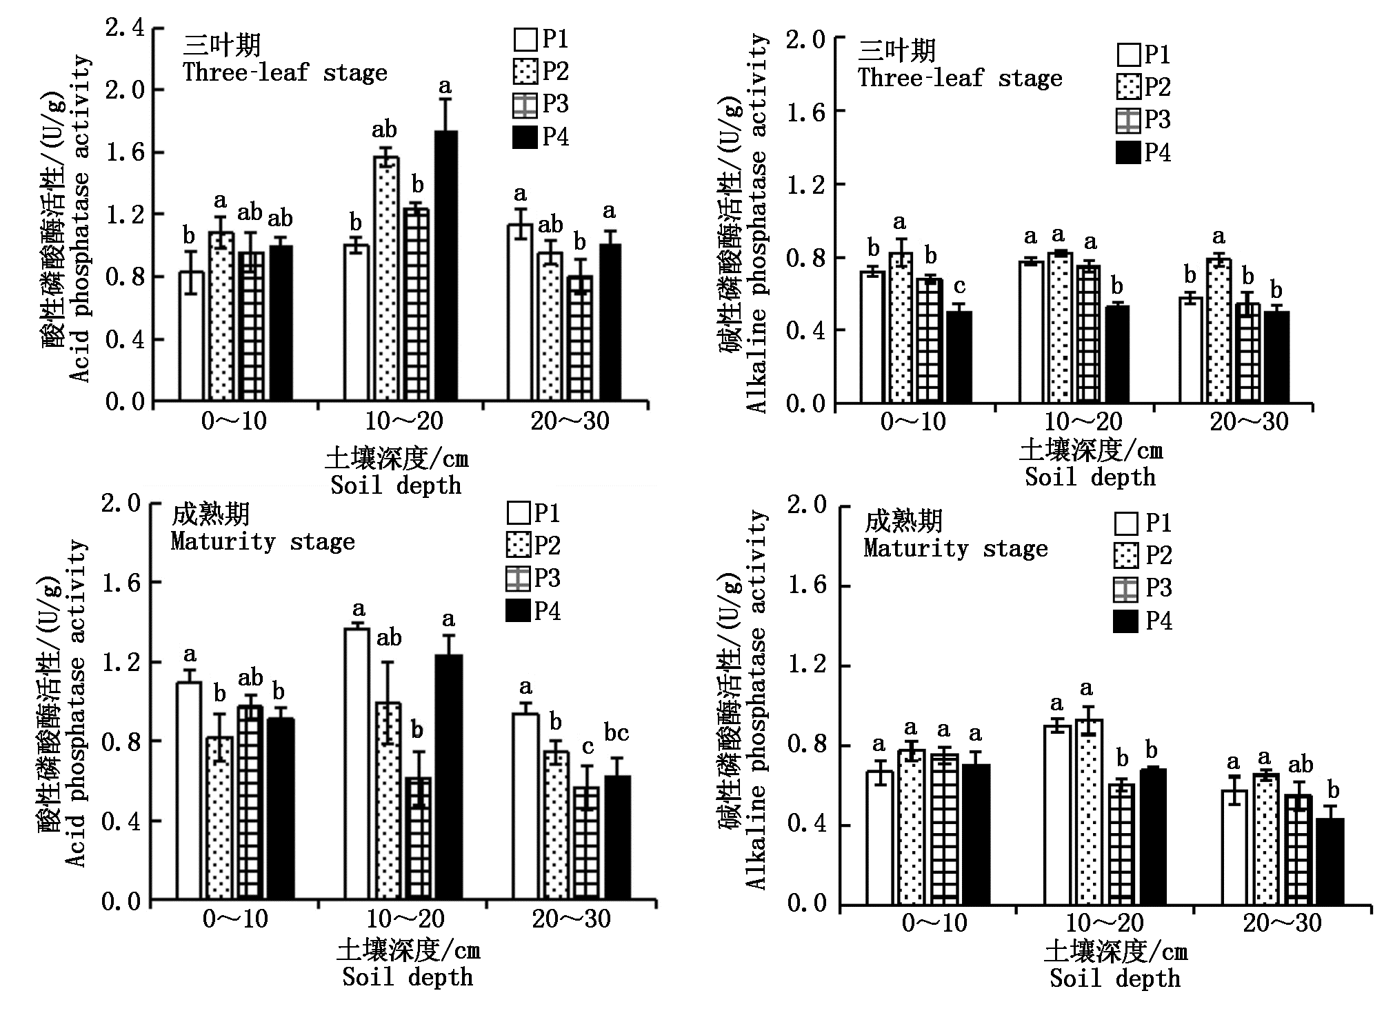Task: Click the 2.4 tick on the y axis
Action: coord(125,28)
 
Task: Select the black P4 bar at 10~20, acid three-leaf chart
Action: coord(446,266)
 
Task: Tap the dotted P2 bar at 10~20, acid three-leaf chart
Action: coord(386,279)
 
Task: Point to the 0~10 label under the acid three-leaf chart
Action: coord(234,421)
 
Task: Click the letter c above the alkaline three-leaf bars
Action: coord(959,286)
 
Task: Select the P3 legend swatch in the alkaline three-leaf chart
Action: coord(1127,121)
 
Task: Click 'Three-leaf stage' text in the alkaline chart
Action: coord(960,78)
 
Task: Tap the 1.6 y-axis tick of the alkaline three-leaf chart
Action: coord(806,112)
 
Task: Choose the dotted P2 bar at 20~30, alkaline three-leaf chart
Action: coord(1219,330)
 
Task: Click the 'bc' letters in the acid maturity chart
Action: coord(616,732)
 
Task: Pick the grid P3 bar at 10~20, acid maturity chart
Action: coord(419,839)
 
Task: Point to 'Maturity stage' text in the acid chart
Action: coord(263,542)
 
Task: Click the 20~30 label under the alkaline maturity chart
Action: coord(1282,923)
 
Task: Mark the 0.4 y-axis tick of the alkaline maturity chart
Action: coord(806,825)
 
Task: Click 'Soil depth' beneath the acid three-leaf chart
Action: coord(396,485)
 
